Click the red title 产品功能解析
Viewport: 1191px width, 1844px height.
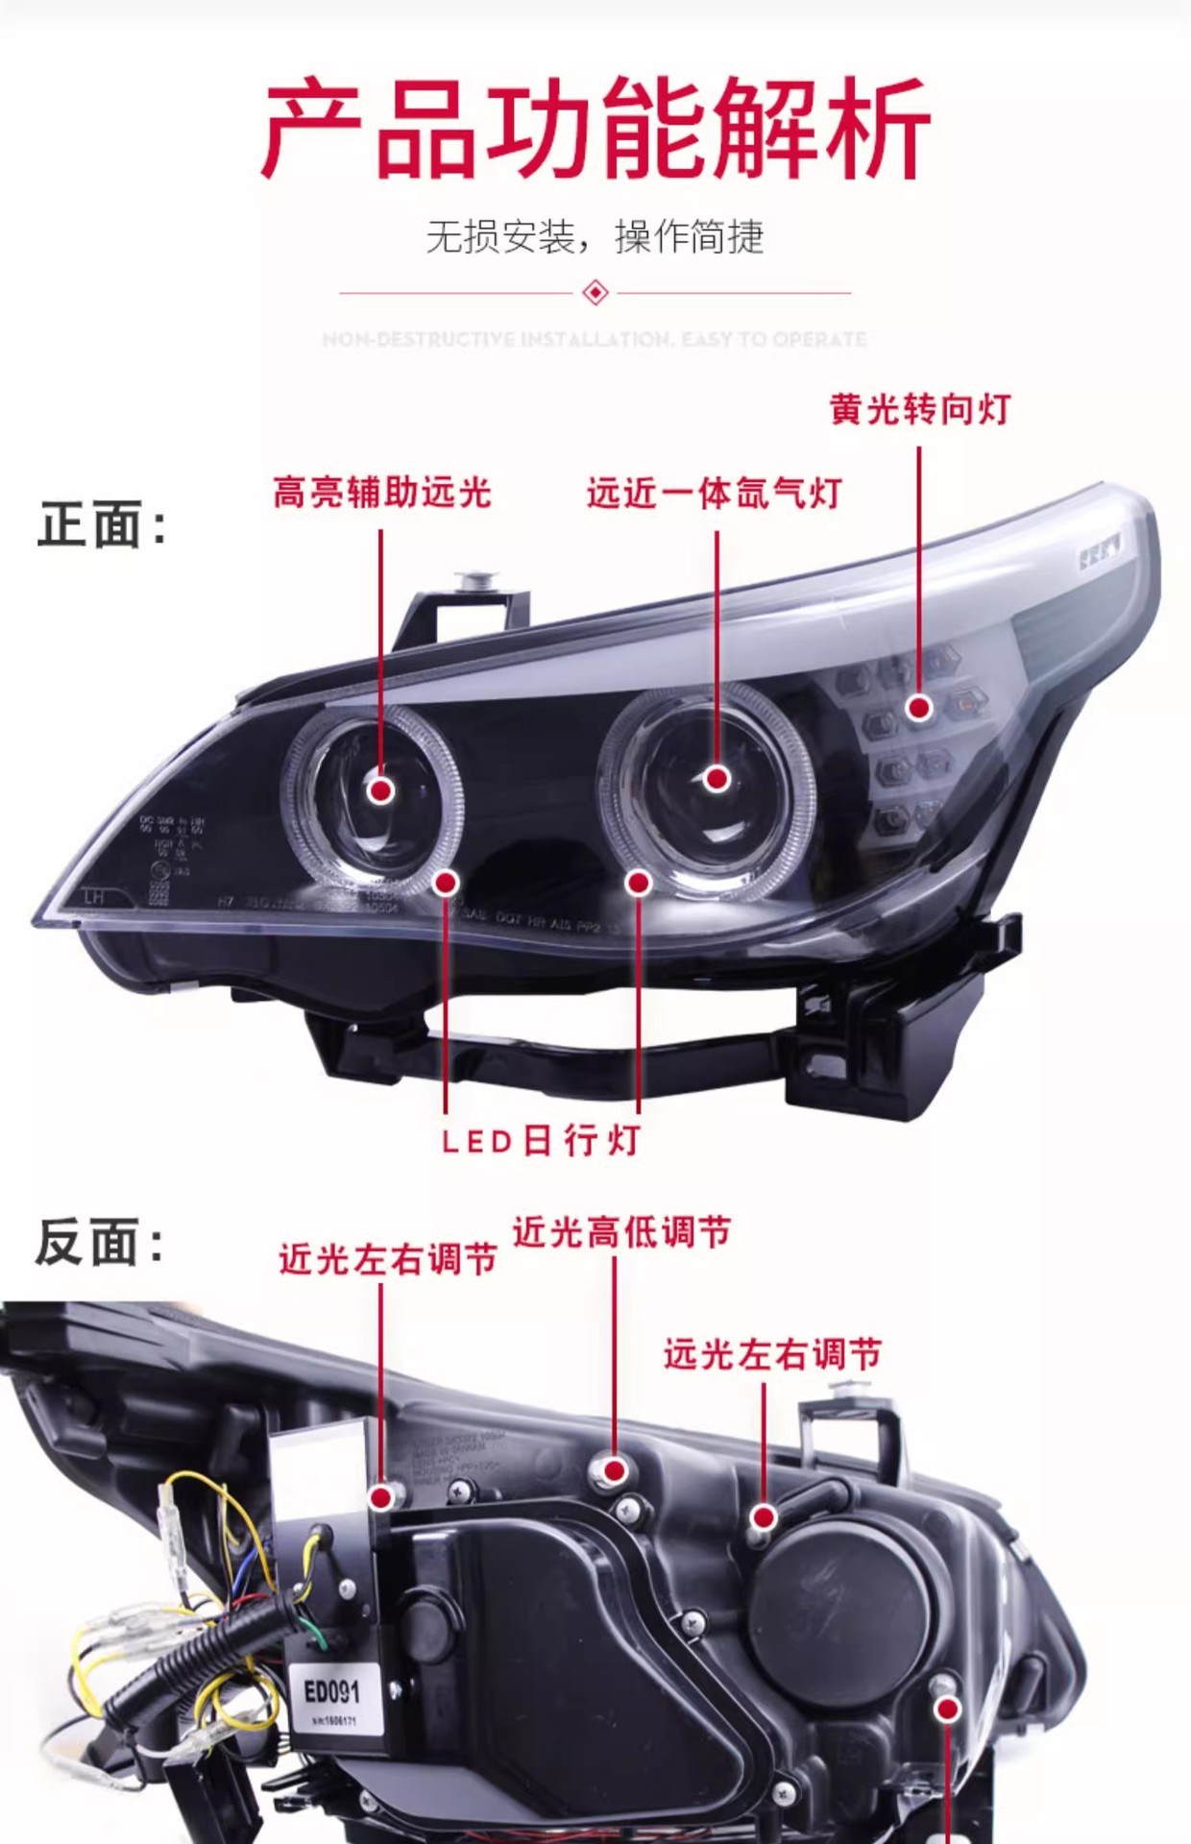pos(595,130)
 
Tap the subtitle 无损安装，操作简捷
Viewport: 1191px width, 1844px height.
pos(595,237)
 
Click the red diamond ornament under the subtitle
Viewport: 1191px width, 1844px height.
pos(595,292)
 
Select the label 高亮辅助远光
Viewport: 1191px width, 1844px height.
pos(382,493)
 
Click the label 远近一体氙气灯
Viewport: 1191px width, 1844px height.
pos(715,494)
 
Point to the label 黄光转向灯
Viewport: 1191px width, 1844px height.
pos(920,410)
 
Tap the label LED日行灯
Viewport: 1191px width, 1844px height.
pos(542,1141)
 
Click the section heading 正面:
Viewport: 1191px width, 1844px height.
pos(102,525)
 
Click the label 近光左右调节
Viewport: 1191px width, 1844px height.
pos(388,1259)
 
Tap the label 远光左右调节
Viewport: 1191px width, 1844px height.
pos(772,1355)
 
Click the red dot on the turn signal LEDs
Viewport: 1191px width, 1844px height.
pos(919,708)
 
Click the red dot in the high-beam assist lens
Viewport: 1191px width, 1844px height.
pos(381,790)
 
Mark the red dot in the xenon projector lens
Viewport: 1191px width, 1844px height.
pos(717,779)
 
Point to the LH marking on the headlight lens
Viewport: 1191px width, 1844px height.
pos(94,897)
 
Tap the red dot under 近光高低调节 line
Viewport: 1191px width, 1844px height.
pos(616,1470)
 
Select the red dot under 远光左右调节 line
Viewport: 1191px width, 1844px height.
pos(764,1517)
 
